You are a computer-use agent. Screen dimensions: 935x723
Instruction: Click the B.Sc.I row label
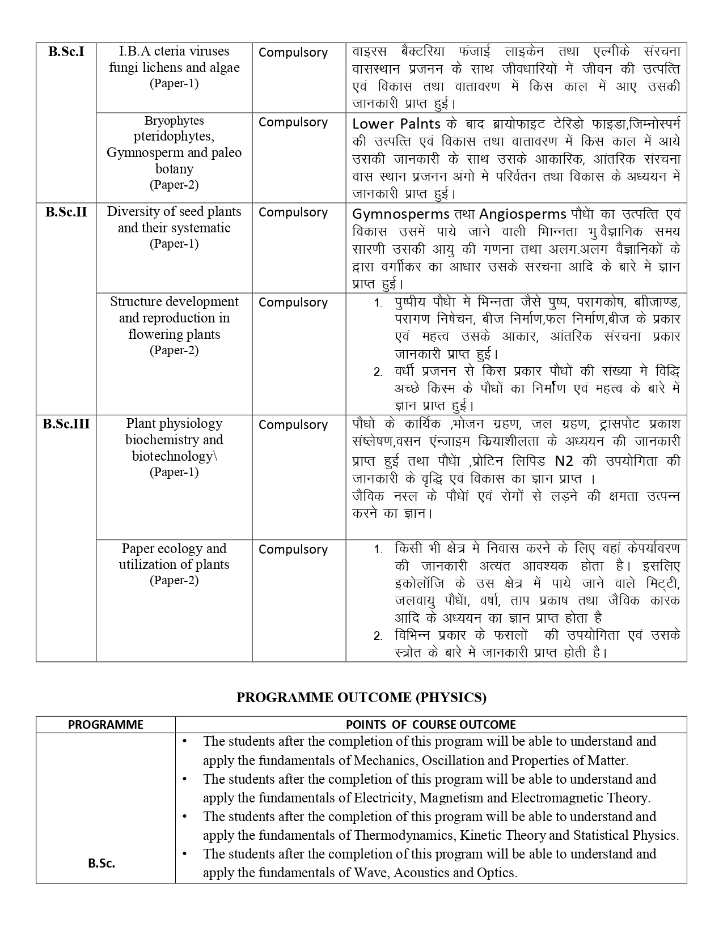[66, 52]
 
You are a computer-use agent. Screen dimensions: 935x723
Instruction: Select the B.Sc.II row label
[66, 212]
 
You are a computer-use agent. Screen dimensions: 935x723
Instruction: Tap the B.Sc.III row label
[66, 424]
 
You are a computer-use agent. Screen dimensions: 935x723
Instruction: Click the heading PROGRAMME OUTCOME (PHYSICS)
[361, 698]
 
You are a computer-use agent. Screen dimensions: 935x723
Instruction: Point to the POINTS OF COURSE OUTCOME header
[431, 724]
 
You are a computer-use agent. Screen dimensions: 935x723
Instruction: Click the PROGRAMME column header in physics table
[105, 724]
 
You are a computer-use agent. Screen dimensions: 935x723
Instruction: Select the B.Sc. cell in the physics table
[102, 864]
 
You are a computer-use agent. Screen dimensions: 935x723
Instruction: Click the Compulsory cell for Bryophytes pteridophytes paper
[293, 122]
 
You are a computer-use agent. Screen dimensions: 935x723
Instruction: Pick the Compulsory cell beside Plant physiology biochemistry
[293, 425]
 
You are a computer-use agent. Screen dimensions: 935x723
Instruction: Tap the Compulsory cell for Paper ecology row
[293, 550]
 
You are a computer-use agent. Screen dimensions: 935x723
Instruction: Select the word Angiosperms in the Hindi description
[523, 214]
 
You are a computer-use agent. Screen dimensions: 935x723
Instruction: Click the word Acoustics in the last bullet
[426, 873]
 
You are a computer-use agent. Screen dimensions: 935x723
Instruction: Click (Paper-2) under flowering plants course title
[174, 350]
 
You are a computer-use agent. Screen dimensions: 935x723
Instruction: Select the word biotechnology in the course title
[172, 456]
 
